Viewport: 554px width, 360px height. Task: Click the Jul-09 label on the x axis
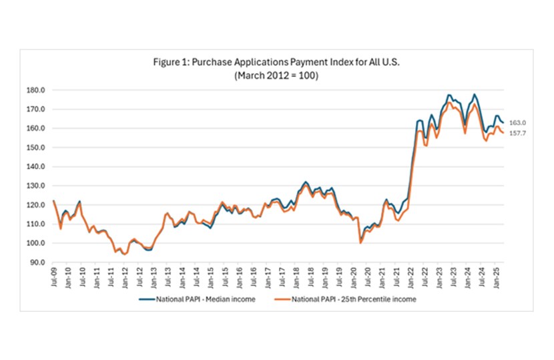53,277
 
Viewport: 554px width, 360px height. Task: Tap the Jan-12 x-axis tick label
125,277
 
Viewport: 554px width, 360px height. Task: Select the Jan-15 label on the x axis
210,277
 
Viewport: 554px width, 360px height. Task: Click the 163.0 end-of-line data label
517,123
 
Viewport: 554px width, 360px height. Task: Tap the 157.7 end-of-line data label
517,134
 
